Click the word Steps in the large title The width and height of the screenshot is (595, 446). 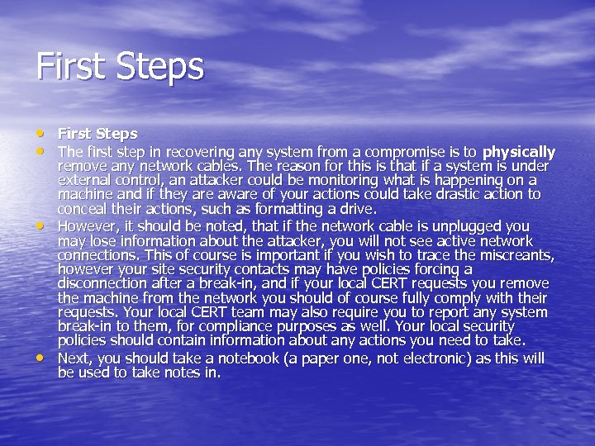click(158, 67)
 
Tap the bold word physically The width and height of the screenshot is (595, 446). click(519, 152)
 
